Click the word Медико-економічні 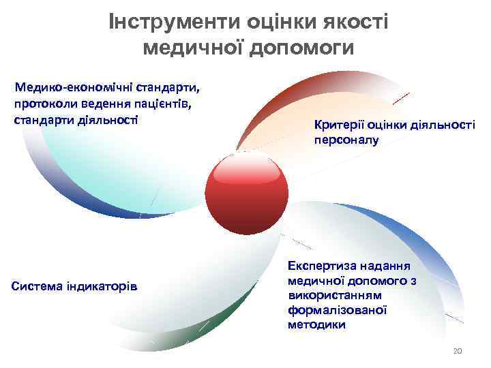[x=74, y=88]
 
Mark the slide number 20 [x=458, y=351]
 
